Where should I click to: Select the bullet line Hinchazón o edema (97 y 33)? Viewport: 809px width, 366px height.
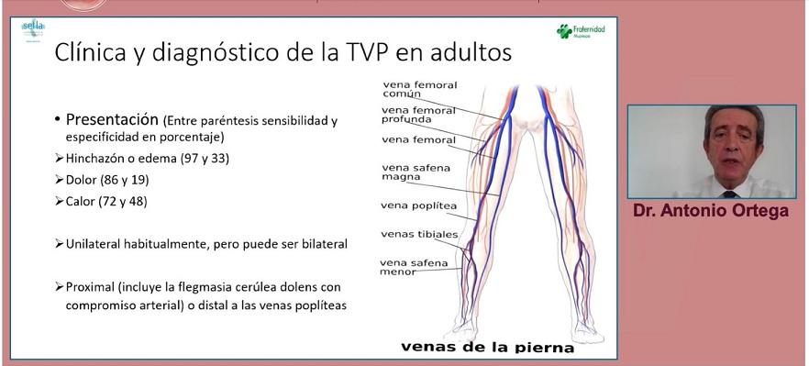tap(148, 159)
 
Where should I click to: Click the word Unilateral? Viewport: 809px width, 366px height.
tap(95, 245)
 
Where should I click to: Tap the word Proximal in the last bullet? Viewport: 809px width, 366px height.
tap(94, 287)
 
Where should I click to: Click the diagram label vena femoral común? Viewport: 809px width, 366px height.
tap(418, 89)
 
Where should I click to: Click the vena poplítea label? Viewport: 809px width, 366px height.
tap(418, 205)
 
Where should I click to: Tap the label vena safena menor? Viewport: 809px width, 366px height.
tap(414, 268)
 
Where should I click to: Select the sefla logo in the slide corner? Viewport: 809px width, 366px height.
tap(33, 29)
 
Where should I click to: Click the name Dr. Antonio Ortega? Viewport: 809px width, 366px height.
tap(711, 211)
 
